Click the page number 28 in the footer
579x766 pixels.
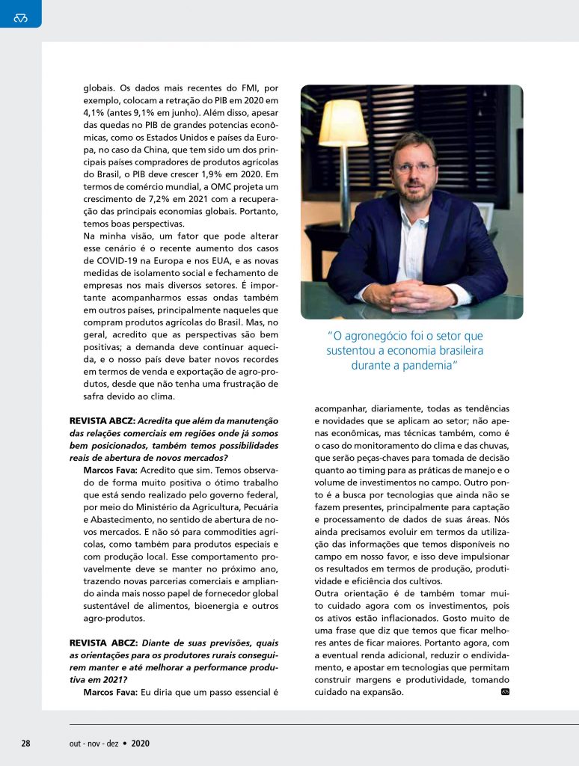tap(25, 743)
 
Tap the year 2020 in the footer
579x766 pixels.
tap(141, 743)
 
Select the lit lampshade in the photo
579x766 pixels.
tap(343, 124)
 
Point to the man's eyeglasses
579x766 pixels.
tap(414, 168)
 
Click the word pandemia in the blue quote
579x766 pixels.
tap(429, 365)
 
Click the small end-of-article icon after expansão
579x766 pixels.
tap(505, 691)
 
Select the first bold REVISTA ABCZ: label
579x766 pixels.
tap(102, 421)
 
